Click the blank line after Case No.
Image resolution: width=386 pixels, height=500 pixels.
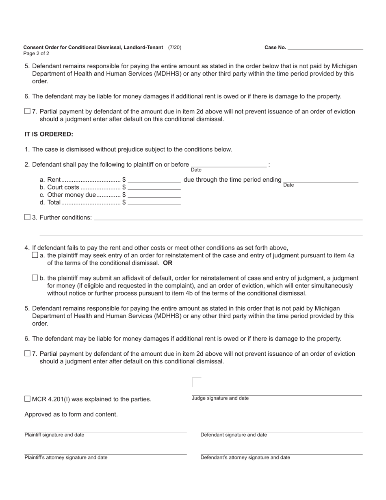pos(325,47)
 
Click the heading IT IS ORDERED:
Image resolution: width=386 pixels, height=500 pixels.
pos(49,134)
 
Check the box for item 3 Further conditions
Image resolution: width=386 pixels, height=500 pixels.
pos(27,217)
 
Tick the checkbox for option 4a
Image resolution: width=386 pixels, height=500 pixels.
pos(35,255)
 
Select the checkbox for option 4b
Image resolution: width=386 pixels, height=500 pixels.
pos(35,278)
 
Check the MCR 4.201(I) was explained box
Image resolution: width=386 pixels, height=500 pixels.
pos(27,399)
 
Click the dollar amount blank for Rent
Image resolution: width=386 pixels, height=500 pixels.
pos(154,180)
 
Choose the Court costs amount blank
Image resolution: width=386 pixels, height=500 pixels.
pos(154,187)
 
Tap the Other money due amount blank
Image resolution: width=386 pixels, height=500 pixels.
pos(154,195)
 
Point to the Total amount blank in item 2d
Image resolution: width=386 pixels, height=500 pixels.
pos(154,202)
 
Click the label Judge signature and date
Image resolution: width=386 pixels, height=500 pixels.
pos(220,398)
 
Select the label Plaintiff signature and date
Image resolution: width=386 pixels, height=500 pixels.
pos(54,435)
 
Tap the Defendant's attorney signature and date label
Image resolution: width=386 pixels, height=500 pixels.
pos(245,458)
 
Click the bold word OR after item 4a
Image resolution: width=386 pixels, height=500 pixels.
pos(167,263)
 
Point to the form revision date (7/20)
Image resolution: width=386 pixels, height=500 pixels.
pos(175,47)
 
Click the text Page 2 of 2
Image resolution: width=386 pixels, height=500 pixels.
pos(36,54)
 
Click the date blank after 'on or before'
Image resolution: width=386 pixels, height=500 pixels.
pos(229,164)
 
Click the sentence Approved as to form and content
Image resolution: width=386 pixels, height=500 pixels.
pos(71,414)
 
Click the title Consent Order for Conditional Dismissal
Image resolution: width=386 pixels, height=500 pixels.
pos(93,47)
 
